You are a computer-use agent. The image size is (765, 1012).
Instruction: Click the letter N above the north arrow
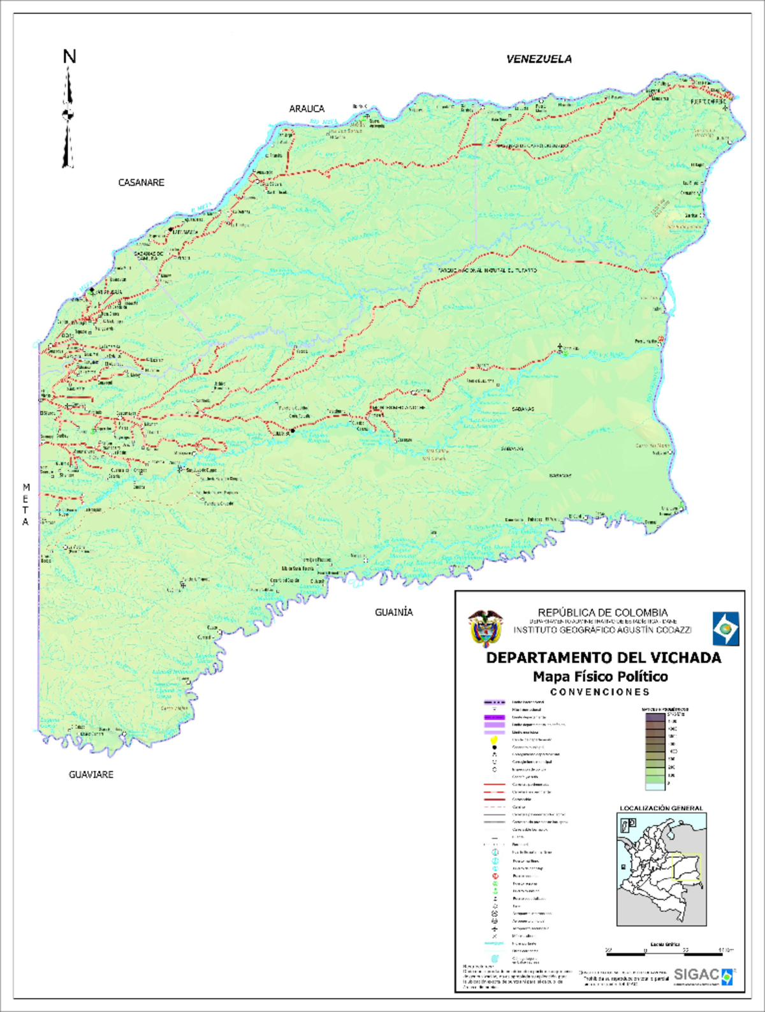click(x=69, y=57)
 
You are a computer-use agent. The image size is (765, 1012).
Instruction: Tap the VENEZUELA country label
click(x=539, y=59)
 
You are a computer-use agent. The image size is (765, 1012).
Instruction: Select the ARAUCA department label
click(x=307, y=109)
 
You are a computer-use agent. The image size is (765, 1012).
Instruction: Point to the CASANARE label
click(x=141, y=183)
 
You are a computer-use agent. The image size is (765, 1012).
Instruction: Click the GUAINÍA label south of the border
click(x=393, y=612)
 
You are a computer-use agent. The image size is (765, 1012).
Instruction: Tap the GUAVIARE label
click(x=91, y=775)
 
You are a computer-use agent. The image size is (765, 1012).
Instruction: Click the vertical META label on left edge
click(x=26, y=504)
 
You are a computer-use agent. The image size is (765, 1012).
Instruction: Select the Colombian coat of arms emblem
click(x=486, y=628)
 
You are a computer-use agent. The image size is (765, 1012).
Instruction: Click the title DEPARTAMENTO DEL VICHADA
click(x=603, y=658)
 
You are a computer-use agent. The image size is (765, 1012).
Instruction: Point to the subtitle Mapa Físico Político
click(x=600, y=677)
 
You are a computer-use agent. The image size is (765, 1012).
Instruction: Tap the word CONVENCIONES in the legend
click(x=600, y=692)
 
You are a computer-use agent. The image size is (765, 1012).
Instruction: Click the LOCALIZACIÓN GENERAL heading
click(x=661, y=808)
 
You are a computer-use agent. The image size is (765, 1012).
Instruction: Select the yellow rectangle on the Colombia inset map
click(x=687, y=868)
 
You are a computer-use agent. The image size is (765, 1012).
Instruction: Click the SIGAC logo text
click(x=696, y=975)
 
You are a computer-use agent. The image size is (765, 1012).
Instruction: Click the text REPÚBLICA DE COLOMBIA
click(x=602, y=612)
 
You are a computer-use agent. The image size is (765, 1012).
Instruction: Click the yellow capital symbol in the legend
click(x=494, y=740)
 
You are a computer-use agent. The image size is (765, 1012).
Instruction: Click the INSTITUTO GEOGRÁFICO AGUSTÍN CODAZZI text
click(x=602, y=629)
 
